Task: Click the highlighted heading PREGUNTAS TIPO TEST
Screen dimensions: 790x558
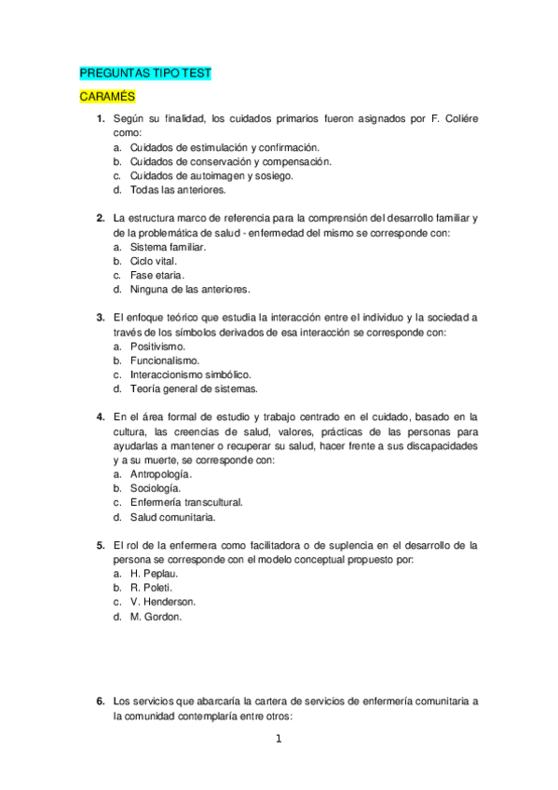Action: [144, 73]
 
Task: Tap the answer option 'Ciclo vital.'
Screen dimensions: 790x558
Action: [154, 261]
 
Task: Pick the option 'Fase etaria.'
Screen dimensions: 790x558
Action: [157, 275]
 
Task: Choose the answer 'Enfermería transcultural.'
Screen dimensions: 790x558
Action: [187, 502]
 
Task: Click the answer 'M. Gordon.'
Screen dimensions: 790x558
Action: [157, 616]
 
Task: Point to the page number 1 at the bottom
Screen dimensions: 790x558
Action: [278, 741]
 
